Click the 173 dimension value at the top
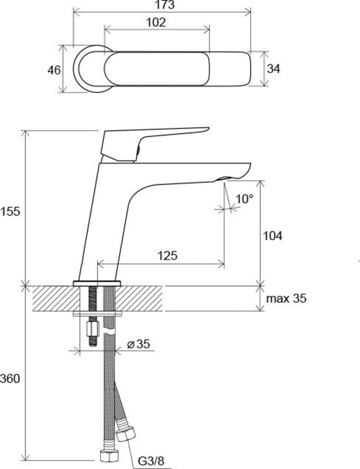click(165, 5)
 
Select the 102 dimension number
click(156, 22)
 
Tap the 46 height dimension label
click(54, 70)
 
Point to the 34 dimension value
click(273, 69)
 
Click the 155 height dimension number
click(10, 212)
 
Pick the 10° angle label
click(244, 199)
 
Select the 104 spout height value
click(272, 236)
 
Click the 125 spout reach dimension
click(168, 256)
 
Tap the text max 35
click(286, 299)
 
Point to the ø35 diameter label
click(138, 344)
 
